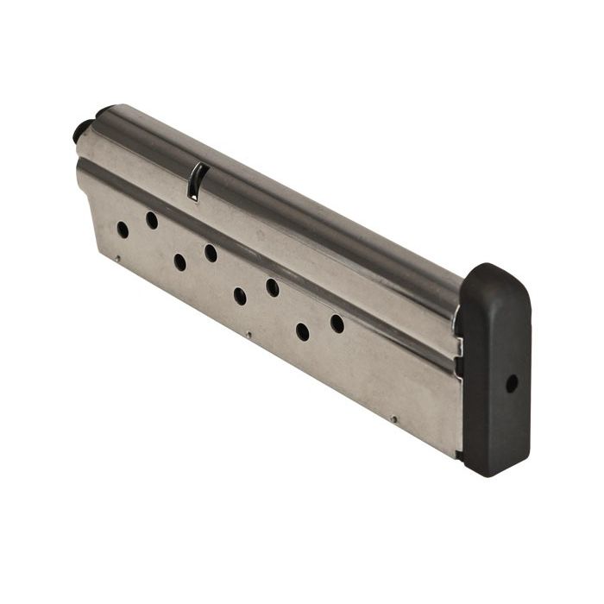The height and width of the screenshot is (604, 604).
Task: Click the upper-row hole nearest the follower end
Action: (x=152, y=220)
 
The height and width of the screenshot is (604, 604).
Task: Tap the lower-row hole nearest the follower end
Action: (x=123, y=230)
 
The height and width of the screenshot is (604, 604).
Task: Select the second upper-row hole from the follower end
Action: (x=211, y=253)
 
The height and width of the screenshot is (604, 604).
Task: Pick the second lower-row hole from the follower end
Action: (x=179, y=261)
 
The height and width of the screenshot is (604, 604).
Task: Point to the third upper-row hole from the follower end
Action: (x=272, y=287)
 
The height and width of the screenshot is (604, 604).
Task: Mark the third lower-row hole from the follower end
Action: (x=240, y=296)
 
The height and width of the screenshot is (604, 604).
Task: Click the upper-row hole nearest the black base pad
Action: (x=337, y=324)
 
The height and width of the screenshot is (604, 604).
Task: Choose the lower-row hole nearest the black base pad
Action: (x=302, y=331)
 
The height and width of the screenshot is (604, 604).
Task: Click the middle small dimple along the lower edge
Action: (x=249, y=335)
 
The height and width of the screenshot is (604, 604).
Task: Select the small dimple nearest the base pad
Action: (x=393, y=420)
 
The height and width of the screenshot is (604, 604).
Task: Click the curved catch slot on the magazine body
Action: (x=196, y=181)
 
